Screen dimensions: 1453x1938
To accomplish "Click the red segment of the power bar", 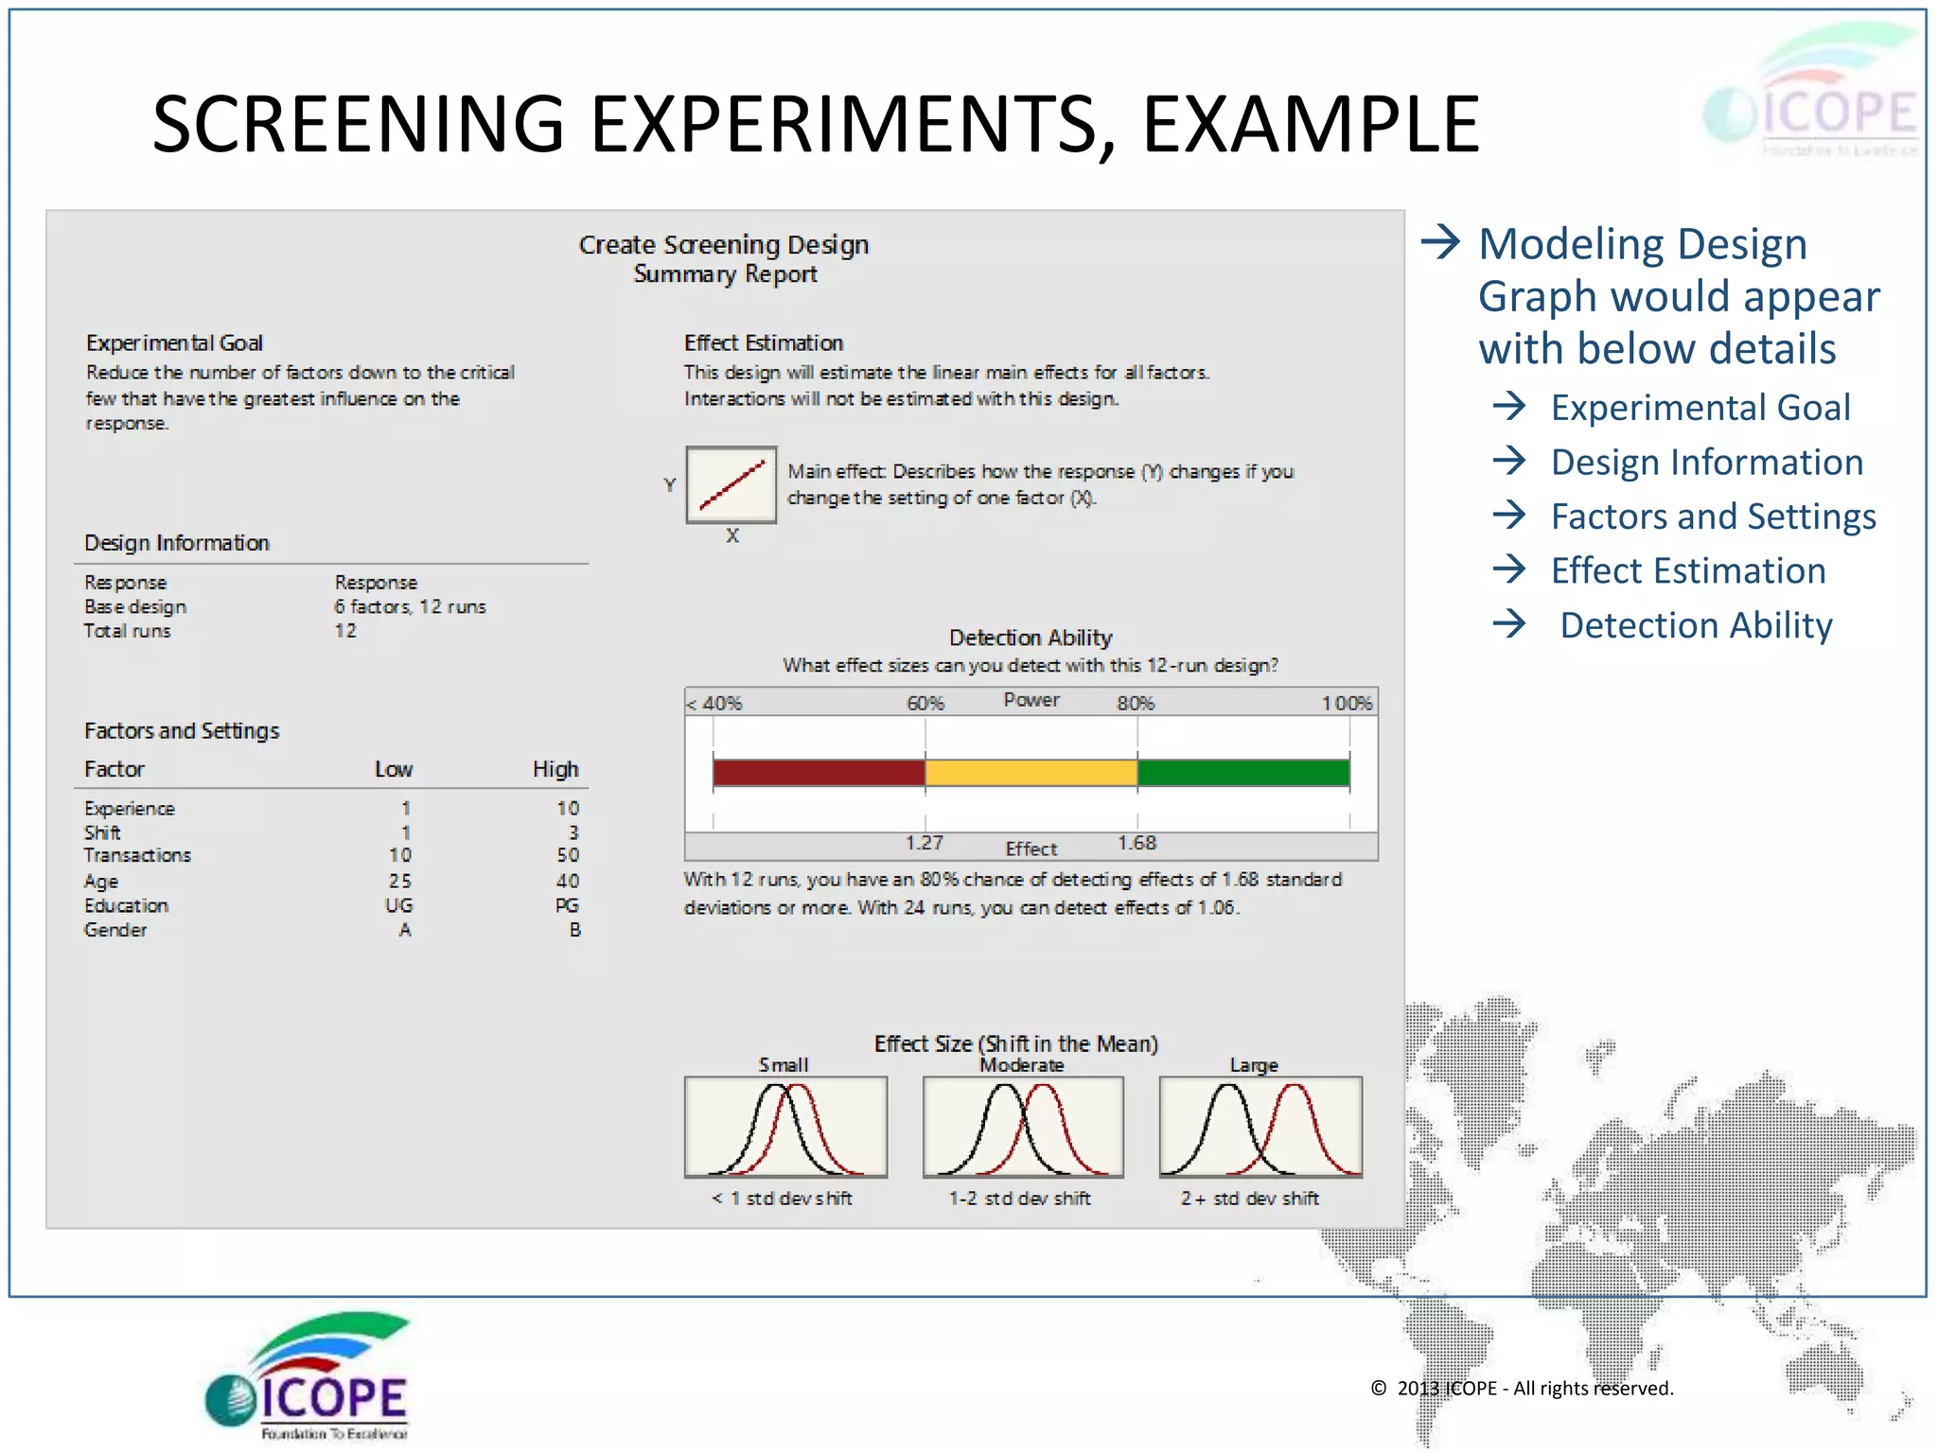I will tap(819, 773).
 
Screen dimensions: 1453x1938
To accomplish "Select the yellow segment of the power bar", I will tap(1031, 773).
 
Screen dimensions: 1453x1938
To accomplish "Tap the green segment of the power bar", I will tap(1242, 773).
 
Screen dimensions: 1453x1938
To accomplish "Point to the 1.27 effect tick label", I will tap(924, 843).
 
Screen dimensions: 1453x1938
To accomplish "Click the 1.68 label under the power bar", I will tap(1136, 843).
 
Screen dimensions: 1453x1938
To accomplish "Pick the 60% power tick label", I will tap(925, 703).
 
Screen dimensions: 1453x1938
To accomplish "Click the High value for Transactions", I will tap(567, 855).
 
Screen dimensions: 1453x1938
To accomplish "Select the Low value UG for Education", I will tap(398, 905).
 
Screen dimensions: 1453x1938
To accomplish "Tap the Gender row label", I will tap(115, 930).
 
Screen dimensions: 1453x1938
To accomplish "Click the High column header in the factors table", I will tap(555, 769).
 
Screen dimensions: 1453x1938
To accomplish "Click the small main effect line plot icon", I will tap(731, 484).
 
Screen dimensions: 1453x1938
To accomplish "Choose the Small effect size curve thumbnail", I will tap(785, 1127).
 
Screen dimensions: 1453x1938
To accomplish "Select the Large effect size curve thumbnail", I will tap(1260, 1127).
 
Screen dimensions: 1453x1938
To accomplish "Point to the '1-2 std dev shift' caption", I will tap(1019, 1199).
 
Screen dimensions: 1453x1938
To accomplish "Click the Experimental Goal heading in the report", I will tap(174, 342).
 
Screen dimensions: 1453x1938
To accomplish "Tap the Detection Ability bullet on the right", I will tap(1696, 625).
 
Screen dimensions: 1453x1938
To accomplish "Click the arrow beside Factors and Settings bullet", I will tap(1509, 516).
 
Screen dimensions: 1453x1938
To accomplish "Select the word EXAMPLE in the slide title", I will tap(1311, 125).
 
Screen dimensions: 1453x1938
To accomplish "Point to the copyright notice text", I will tap(1522, 1388).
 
